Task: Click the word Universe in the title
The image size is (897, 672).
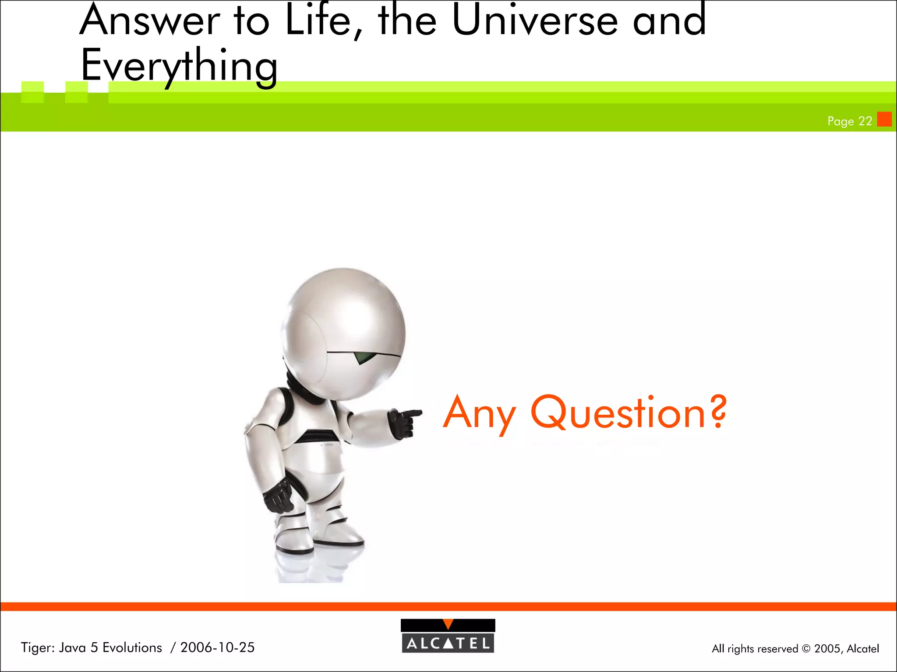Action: [534, 21]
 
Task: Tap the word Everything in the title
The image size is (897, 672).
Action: [179, 66]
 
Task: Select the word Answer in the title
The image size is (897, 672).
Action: [149, 21]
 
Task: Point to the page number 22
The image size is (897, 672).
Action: [865, 121]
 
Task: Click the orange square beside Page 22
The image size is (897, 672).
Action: [884, 119]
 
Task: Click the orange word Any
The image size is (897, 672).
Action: [480, 413]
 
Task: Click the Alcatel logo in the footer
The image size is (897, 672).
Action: [448, 637]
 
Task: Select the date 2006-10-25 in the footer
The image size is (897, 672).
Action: [217, 647]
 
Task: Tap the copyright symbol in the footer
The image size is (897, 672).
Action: [806, 649]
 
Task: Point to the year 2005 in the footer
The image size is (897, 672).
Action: [827, 648]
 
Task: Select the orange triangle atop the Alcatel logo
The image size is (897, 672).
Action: [448, 624]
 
